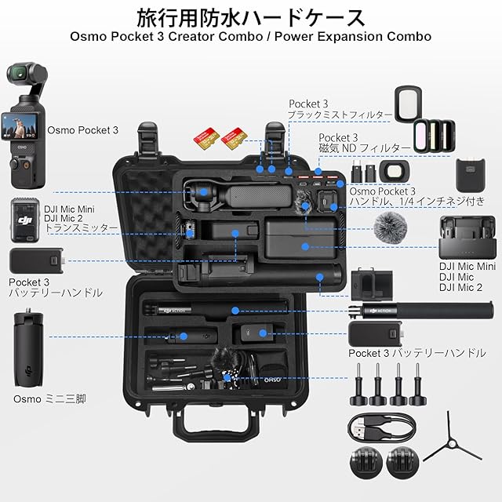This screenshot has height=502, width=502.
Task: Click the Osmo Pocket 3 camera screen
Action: point(20,126)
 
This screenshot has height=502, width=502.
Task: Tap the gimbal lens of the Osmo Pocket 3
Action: point(19,73)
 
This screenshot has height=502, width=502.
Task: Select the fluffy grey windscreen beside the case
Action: point(390,226)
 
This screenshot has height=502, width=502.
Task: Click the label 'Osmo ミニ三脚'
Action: point(49,399)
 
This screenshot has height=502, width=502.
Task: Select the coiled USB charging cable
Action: point(382,427)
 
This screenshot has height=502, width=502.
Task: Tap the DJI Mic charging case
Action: point(467,238)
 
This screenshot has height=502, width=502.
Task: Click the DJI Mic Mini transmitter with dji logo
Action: point(25,220)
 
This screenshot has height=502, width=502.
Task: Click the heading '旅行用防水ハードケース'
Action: point(251,18)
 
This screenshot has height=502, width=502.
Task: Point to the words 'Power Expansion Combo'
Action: point(353,37)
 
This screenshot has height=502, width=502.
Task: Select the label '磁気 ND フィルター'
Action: point(364,148)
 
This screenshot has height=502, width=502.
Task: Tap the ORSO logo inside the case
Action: point(273,380)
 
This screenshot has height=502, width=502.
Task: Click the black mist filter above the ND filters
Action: point(408,104)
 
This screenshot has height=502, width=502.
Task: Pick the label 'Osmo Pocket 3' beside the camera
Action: point(83,130)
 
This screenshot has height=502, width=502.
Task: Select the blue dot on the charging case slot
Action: point(305,246)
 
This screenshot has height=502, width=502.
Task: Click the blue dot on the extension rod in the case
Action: point(235,311)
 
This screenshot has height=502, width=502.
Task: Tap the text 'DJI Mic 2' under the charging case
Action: point(460,288)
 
